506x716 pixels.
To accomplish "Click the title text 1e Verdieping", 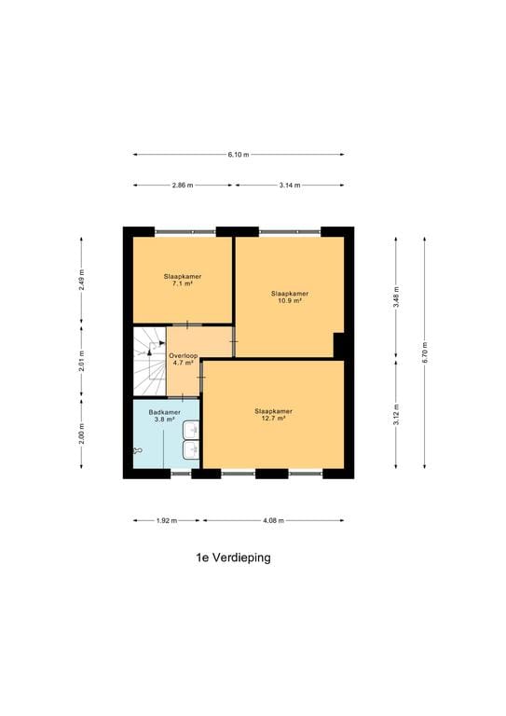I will click(x=233, y=558).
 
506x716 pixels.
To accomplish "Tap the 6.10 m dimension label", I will click(x=238, y=155).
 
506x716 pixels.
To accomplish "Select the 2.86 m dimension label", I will click(x=183, y=186).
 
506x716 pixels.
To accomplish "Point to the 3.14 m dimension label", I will click(x=290, y=186).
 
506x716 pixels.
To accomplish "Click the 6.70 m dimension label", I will click(x=425, y=352).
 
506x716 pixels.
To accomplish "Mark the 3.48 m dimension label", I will click(x=396, y=296).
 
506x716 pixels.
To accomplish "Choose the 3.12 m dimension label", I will click(x=396, y=413).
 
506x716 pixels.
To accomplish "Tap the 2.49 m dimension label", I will click(x=82, y=281).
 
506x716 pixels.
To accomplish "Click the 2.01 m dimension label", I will click(x=82, y=362).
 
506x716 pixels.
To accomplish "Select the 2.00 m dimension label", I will click(x=82, y=434).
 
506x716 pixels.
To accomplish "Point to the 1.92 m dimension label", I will click(x=167, y=520).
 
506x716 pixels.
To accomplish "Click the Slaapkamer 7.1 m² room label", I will click(x=182, y=280).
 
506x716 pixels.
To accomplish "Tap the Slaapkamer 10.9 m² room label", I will click(x=289, y=296).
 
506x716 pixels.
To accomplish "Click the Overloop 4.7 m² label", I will click(x=182, y=359).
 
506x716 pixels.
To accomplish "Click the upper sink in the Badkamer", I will click(x=191, y=430).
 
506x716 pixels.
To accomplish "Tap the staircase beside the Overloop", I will click(x=148, y=363).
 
